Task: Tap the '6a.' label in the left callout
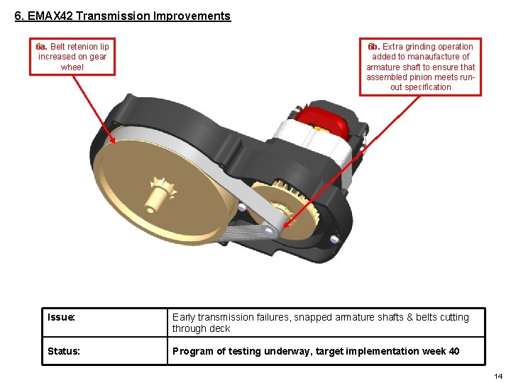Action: pyautogui.click(x=41, y=47)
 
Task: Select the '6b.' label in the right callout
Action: pyautogui.click(x=373, y=47)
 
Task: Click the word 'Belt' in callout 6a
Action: pyautogui.click(x=60, y=47)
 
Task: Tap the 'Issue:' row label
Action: pyautogui.click(x=61, y=317)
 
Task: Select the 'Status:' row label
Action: pyautogui.click(x=63, y=351)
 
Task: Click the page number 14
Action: pyautogui.click(x=498, y=376)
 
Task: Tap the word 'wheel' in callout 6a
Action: pyautogui.click(x=72, y=67)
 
